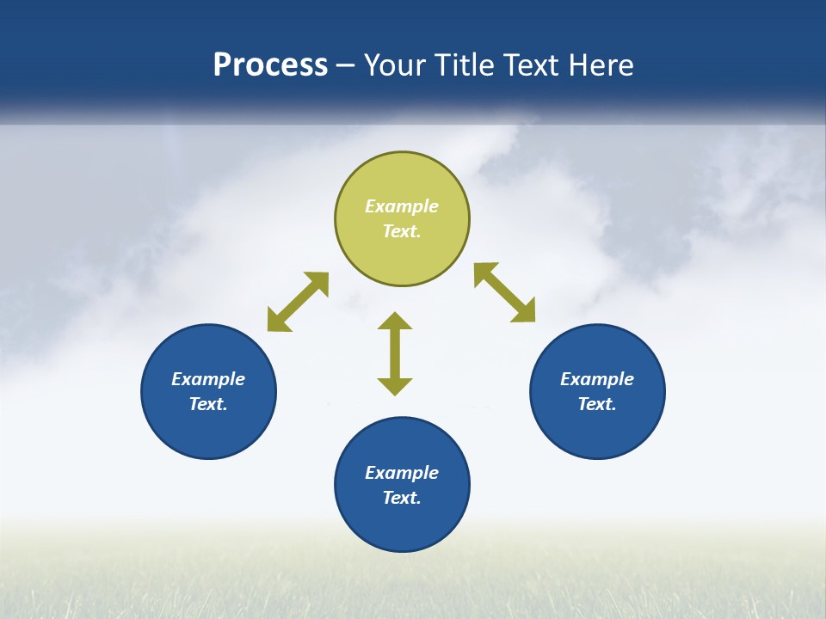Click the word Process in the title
[270, 65]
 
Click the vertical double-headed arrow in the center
[395, 354]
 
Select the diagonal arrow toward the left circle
[298, 302]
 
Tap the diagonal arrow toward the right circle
[505, 292]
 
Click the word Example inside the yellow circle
[402, 206]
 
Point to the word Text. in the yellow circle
[402, 231]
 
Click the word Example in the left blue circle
[208, 379]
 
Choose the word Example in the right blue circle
[597, 379]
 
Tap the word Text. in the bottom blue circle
[402, 498]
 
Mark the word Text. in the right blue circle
[597, 404]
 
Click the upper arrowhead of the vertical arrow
[395, 322]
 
